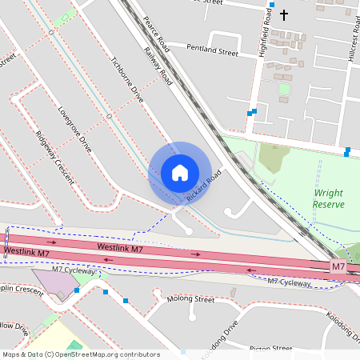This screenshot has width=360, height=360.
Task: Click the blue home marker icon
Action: [x=180, y=173]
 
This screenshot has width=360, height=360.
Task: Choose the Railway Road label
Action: [x=158, y=66]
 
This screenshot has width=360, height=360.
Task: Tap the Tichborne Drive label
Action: [x=127, y=80]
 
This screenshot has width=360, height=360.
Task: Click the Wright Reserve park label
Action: [x=328, y=198]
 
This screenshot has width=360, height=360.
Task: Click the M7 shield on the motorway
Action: [x=338, y=266]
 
